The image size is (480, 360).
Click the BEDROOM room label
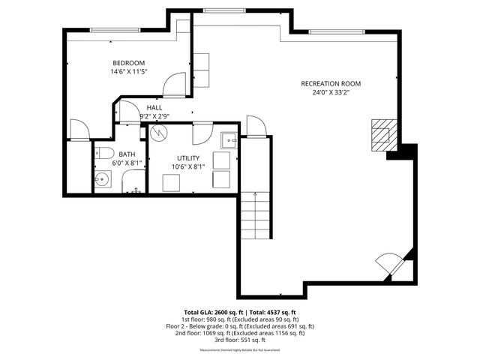point(128,63)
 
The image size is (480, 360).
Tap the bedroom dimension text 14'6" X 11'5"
point(128,72)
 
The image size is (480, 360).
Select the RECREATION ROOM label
point(331,83)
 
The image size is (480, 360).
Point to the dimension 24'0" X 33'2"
point(331,92)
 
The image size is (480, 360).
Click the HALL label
point(154,108)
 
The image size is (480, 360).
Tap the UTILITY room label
point(188,158)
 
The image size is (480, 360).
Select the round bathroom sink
point(102,180)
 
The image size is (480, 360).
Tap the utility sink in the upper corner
point(229,139)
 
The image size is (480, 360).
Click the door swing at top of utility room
point(202,133)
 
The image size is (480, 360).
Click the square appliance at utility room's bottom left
point(172,181)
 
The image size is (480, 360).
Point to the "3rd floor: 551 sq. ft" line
point(240,339)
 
